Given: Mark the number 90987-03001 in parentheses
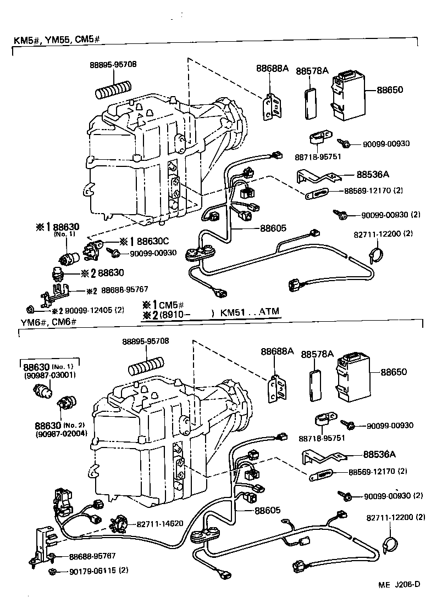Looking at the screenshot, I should (x=49, y=376).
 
